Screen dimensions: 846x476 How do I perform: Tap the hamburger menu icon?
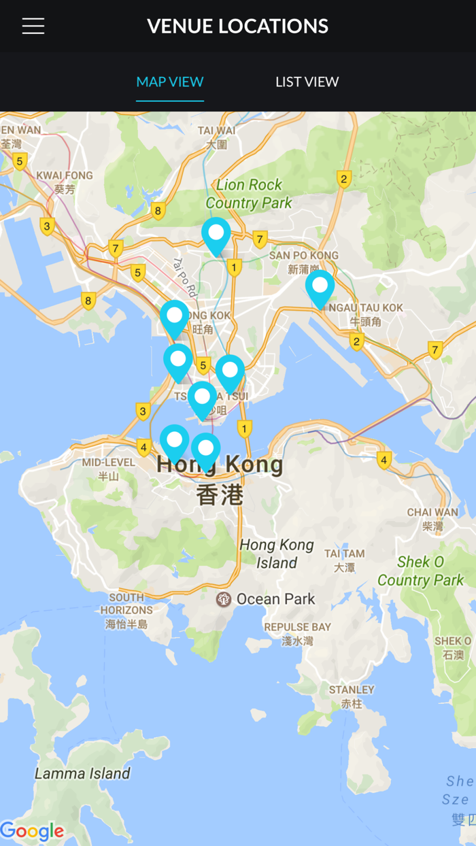(33, 26)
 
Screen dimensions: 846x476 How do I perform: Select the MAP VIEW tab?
(170, 82)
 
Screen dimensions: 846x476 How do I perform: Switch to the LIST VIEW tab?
(307, 82)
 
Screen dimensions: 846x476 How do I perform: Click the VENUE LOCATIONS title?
(238, 26)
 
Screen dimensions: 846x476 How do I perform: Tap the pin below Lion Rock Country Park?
(216, 235)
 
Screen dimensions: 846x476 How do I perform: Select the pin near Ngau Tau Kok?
(320, 288)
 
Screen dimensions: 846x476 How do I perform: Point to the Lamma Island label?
(82, 773)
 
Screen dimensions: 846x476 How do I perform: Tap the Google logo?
(32, 831)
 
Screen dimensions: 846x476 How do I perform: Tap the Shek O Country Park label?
(420, 571)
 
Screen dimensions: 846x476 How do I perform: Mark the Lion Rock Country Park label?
(249, 194)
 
